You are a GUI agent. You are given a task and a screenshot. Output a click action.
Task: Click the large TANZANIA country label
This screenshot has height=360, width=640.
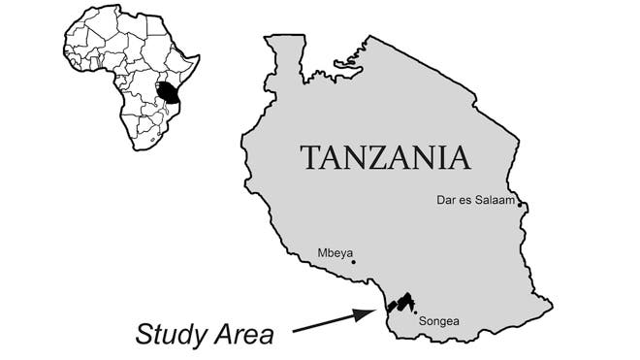tap(385, 157)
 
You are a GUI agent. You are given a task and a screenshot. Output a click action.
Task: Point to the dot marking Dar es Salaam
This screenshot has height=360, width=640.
tap(521, 204)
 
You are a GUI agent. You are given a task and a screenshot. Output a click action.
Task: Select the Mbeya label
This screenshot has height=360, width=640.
tap(335, 253)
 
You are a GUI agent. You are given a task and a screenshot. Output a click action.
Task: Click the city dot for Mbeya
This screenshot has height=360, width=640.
tap(354, 262)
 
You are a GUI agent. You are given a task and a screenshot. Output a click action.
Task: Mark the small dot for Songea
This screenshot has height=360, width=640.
tap(416, 311)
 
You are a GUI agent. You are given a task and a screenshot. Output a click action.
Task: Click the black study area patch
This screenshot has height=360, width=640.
tap(400, 302)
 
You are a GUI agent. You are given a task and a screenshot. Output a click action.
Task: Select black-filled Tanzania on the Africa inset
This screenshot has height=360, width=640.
tap(170, 92)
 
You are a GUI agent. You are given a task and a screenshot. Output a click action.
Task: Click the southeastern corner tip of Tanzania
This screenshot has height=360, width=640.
tap(552, 309)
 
